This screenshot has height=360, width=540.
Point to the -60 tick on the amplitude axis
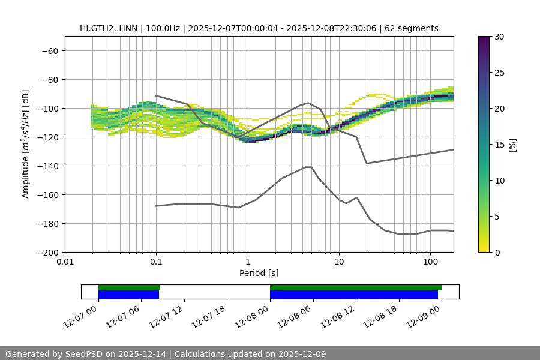pyautogui.click(x=49, y=50)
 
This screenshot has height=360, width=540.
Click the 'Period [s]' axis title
pyautogui.click(x=259, y=273)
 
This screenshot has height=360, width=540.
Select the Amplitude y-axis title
pyautogui.click(x=26, y=144)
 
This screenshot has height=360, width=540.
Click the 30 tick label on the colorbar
pyautogui.click(x=499, y=37)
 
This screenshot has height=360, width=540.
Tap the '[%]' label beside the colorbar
pyautogui.click(x=512, y=144)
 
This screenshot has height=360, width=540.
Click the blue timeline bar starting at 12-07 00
pyautogui.click(x=128, y=295)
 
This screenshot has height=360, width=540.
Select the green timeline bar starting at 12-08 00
pyautogui.click(x=355, y=287)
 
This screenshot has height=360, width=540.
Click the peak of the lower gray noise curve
pyautogui.click(x=308, y=167)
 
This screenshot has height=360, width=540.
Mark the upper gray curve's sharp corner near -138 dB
pyautogui.click(x=367, y=163)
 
